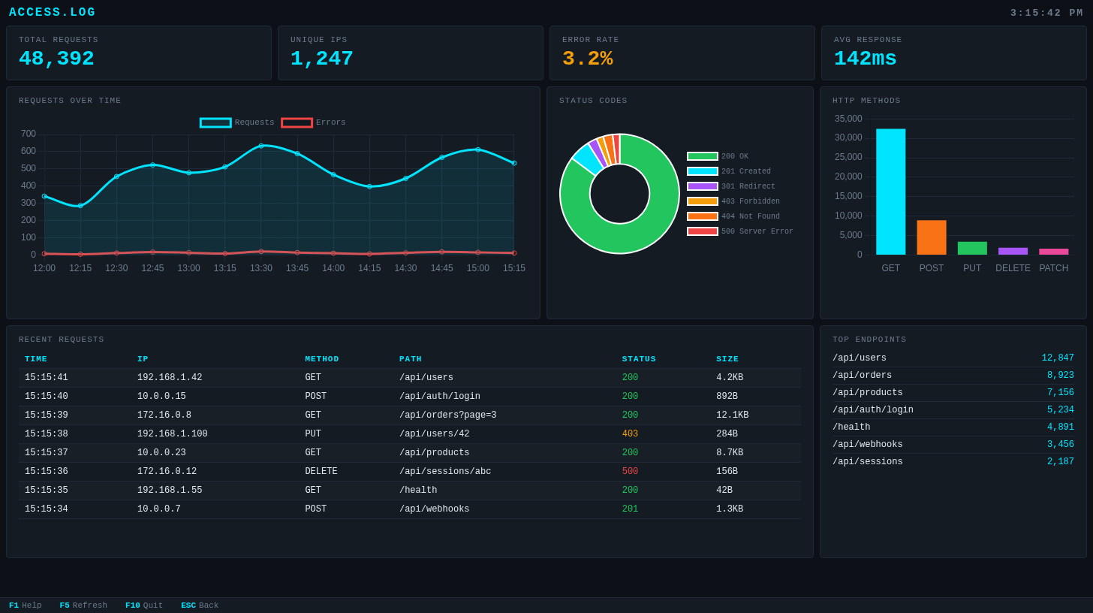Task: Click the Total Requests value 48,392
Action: click(x=56, y=59)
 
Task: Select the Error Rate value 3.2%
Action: click(x=587, y=59)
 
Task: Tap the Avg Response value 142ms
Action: click(x=865, y=59)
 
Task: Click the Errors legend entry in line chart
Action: click(x=314, y=122)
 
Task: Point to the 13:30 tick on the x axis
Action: click(x=261, y=268)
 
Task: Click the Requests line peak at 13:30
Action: click(x=261, y=146)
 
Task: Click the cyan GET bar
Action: click(x=890, y=192)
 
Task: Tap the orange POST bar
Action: click(x=931, y=237)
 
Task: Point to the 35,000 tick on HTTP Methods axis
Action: click(x=848, y=119)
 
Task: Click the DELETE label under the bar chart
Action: click(x=1013, y=268)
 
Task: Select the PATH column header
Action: click(x=411, y=359)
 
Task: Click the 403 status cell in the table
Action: click(x=630, y=434)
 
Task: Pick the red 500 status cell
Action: click(x=630, y=472)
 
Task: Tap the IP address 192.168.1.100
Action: click(x=172, y=434)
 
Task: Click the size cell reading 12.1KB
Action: click(x=732, y=415)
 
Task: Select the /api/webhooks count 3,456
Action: click(x=1060, y=445)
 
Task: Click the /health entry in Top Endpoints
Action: click(x=851, y=427)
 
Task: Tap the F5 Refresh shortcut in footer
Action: click(x=83, y=605)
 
